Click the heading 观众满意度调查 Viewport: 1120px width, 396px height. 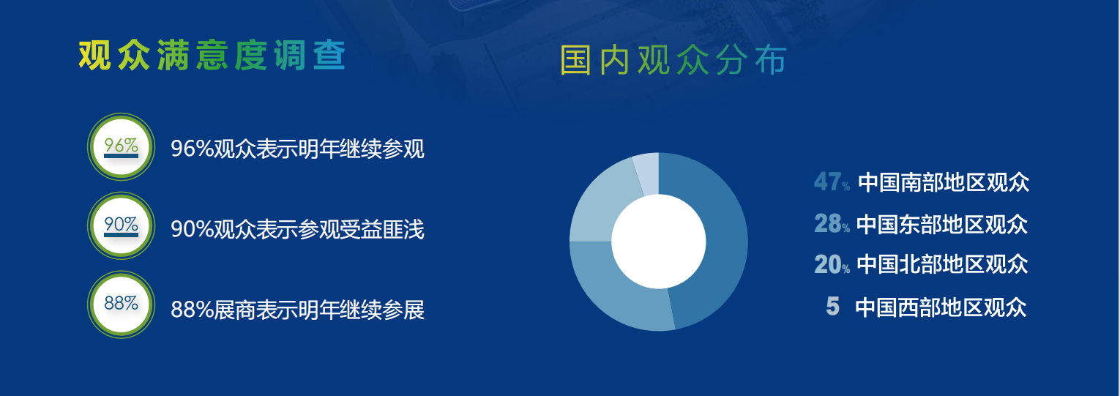(212, 56)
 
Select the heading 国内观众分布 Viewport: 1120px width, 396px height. (673, 60)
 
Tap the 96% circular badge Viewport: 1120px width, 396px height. (121, 146)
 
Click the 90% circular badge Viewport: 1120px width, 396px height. (121, 225)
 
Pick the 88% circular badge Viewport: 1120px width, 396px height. (121, 305)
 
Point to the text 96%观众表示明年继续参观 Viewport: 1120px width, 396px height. (297, 149)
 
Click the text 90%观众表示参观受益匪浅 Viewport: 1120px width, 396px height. (297, 229)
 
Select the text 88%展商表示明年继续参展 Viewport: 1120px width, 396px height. (297, 310)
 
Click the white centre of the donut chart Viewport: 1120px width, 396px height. (659, 242)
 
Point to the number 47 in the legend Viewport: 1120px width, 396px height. (827, 182)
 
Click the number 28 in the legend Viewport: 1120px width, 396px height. (827, 223)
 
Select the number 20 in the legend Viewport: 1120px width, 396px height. (827, 264)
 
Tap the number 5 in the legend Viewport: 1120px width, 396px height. (832, 306)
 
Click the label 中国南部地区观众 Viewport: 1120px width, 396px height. (944, 182)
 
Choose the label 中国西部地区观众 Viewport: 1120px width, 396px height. (941, 307)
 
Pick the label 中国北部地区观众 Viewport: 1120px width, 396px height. (942, 264)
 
